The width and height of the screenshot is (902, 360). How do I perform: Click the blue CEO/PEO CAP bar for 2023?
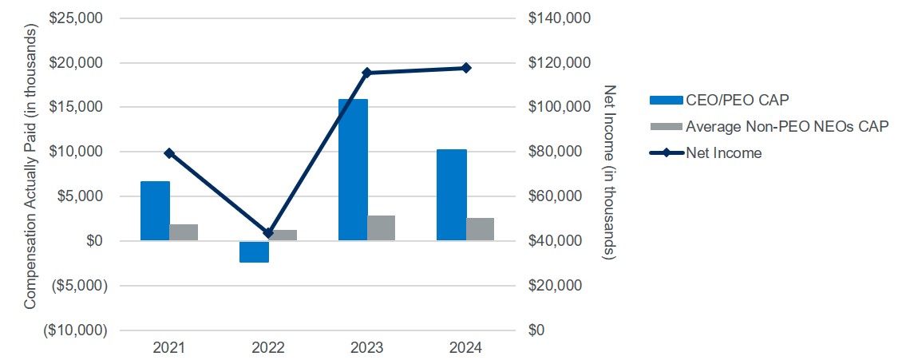pyautogui.click(x=353, y=169)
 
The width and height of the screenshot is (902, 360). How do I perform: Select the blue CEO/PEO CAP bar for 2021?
pyautogui.click(x=155, y=211)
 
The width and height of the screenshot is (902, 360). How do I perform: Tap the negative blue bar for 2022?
pyautogui.click(x=254, y=251)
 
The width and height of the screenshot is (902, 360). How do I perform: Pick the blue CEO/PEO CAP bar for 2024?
pyautogui.click(x=452, y=195)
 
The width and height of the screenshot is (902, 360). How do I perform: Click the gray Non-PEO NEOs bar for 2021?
pyautogui.click(x=184, y=232)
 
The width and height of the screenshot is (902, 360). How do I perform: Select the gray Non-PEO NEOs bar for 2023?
pyautogui.click(x=381, y=227)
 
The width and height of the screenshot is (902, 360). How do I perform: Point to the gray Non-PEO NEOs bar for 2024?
pyautogui.click(x=480, y=229)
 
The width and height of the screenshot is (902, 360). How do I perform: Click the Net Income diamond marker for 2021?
pyautogui.click(x=169, y=153)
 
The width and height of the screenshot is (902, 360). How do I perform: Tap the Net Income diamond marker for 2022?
pyautogui.click(x=268, y=233)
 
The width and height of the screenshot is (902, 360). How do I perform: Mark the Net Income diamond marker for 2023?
pyautogui.click(x=367, y=73)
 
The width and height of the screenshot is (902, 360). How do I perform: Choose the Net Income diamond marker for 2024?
pyautogui.click(x=466, y=68)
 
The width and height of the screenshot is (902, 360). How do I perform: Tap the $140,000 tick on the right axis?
pyautogui.click(x=560, y=18)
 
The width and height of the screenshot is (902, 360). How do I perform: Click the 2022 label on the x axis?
pyautogui.click(x=268, y=348)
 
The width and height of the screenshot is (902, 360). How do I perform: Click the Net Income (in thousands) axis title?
pyautogui.click(x=610, y=171)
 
